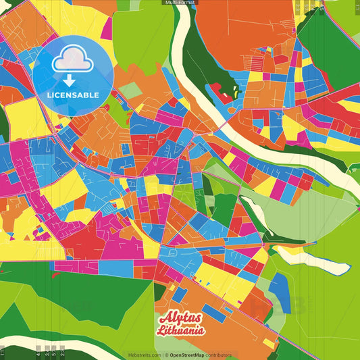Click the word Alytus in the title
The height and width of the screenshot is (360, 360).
180,319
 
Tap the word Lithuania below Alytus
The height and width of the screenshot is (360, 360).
180,331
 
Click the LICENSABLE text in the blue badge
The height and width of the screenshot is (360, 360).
73,94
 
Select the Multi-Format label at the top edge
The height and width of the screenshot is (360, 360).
180,3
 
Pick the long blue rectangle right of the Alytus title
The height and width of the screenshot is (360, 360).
215,313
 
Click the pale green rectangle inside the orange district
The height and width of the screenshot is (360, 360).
131,90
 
